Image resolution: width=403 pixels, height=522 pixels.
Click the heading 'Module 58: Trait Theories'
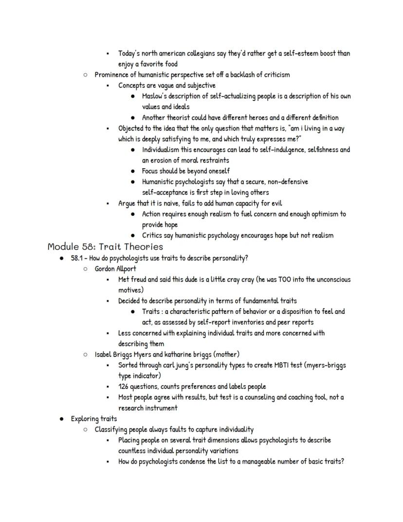pos(105,247)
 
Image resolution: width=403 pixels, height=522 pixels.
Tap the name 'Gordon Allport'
pos(115,269)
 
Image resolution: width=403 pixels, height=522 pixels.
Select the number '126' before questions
pos(124,387)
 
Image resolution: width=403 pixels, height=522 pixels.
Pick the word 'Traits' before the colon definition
pos(152,311)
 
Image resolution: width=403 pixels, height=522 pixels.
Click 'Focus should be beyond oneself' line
pos(185,171)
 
